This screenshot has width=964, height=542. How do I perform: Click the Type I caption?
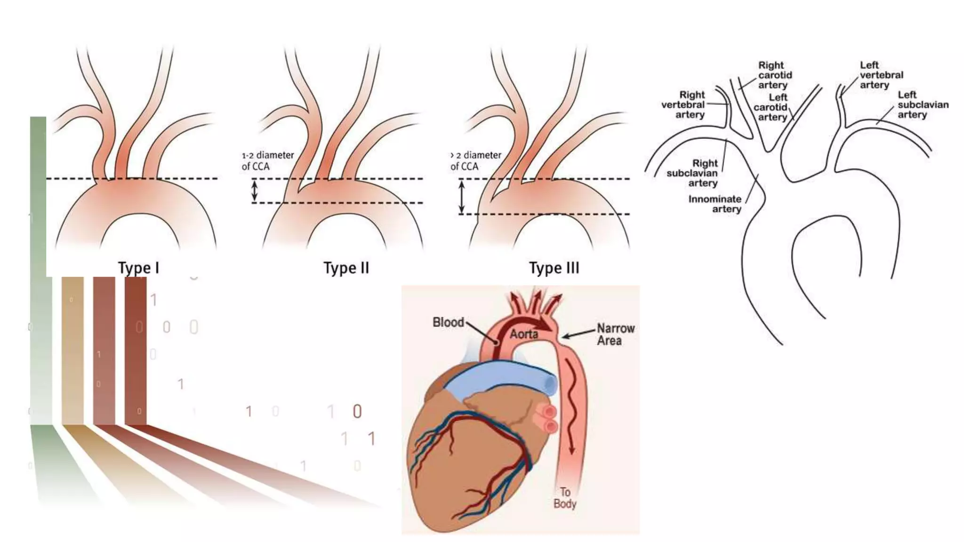138,268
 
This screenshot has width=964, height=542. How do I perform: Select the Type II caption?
346,268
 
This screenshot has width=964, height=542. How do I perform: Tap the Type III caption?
554,268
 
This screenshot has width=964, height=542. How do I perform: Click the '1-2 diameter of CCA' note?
267,160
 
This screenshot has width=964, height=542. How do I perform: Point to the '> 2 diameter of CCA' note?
475,160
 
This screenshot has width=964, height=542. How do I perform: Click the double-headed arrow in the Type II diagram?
255,191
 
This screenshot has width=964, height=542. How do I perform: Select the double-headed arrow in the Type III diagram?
462,197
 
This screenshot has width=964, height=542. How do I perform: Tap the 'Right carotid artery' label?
775,75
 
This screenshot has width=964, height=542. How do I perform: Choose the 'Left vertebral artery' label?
881,75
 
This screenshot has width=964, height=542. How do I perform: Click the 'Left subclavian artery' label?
923,104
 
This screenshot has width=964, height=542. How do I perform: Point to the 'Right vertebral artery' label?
683,104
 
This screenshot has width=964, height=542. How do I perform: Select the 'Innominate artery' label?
715,204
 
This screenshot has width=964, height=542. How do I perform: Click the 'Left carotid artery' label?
771,107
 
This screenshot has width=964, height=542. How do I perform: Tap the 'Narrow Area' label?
615,334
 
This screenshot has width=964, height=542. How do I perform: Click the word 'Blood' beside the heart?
448,322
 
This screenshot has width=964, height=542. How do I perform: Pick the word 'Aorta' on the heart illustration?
524,334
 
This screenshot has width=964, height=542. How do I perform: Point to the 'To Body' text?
565,498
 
